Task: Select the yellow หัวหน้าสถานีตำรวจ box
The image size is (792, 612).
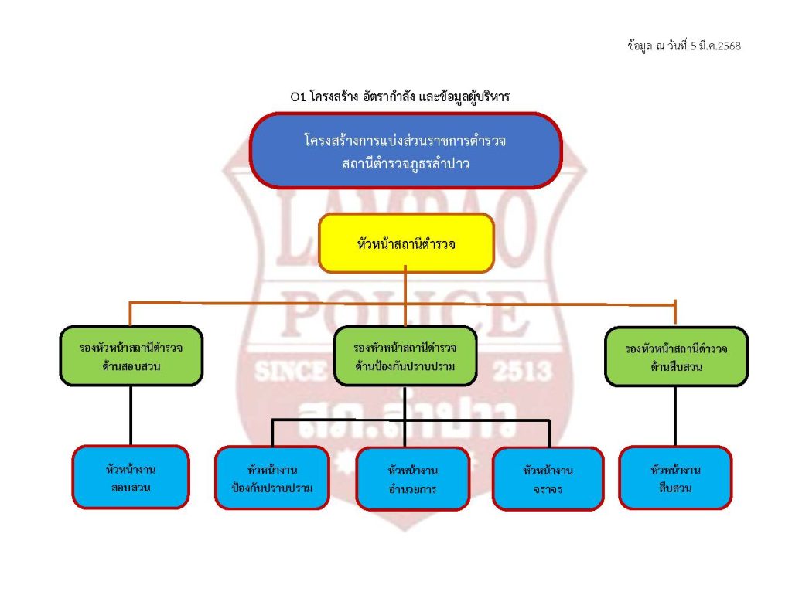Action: [406, 243]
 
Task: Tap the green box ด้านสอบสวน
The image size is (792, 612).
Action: [131, 356]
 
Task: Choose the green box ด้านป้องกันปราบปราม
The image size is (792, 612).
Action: [405, 356]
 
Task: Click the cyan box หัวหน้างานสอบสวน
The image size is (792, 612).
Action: [131, 478]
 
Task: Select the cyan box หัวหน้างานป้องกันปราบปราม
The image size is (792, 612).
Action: [272, 478]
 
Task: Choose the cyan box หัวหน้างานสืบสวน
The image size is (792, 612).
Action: [675, 478]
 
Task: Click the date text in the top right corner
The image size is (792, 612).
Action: [684, 46]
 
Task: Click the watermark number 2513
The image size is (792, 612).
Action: [526, 371]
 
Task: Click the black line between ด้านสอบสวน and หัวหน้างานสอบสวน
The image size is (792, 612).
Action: [131, 416]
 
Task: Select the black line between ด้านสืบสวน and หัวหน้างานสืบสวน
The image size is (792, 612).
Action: [675, 416]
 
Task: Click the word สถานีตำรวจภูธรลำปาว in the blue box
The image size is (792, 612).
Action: [405, 163]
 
